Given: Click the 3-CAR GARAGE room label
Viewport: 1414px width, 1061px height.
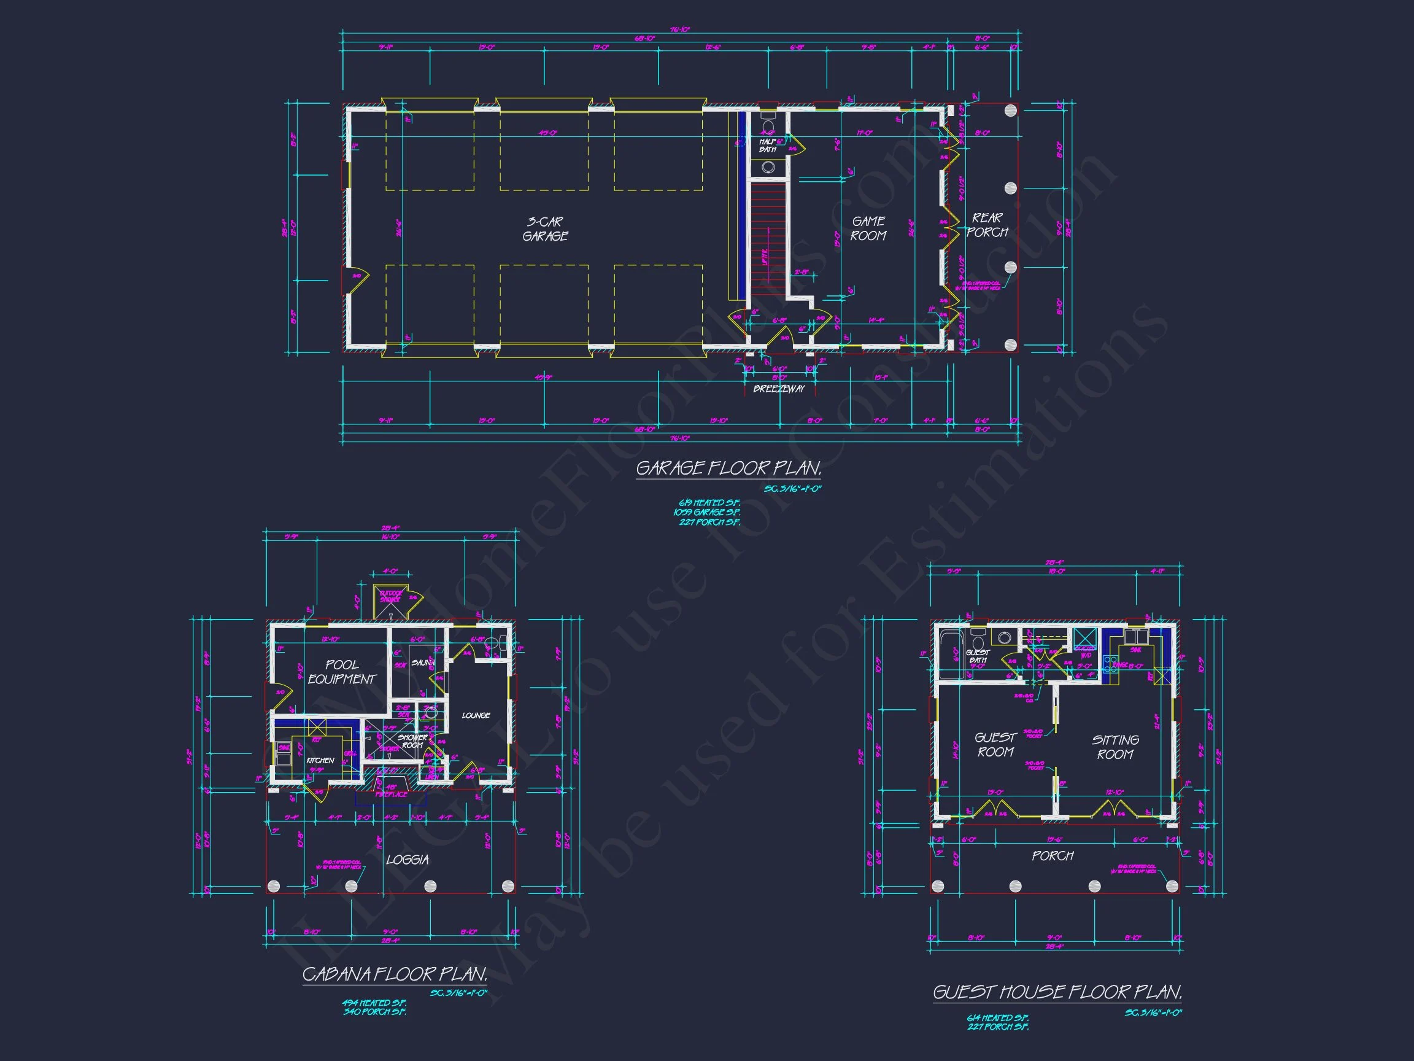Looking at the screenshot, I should click(x=544, y=229).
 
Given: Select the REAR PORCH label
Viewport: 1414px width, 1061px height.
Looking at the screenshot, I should click(x=987, y=225).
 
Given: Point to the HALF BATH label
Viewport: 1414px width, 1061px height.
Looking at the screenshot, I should click(x=768, y=146).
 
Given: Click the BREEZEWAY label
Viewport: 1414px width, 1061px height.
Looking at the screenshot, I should click(x=779, y=389).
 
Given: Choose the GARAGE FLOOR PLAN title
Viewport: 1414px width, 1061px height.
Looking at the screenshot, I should click(x=728, y=468).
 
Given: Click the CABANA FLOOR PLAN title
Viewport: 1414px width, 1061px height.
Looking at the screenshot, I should click(x=395, y=974).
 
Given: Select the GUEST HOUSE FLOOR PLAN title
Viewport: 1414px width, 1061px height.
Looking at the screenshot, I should click(x=1057, y=993).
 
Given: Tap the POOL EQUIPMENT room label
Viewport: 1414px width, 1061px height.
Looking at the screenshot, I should click(x=342, y=672).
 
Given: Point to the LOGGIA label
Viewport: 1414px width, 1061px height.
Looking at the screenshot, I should click(x=407, y=860).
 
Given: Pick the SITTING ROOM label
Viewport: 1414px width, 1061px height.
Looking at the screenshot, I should click(x=1116, y=747).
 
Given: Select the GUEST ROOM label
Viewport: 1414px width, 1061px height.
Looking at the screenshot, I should click(x=995, y=745).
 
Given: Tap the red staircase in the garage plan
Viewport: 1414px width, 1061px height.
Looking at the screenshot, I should click(x=767, y=240).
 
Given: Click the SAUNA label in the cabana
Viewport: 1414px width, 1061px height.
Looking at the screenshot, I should click(x=422, y=663).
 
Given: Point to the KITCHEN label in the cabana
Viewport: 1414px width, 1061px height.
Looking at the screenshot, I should click(x=320, y=760).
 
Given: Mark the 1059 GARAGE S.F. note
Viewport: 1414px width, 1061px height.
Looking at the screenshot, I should click(x=707, y=512).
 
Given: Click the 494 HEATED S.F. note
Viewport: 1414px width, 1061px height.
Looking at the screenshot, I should click(x=374, y=1003).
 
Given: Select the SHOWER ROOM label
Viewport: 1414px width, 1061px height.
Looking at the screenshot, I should click(x=412, y=741).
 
